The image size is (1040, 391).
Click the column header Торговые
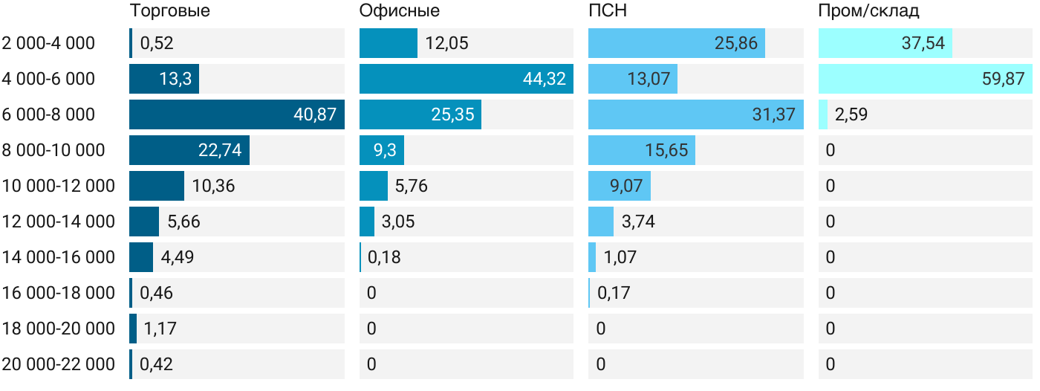(169, 11)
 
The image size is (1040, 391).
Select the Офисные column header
(399, 11)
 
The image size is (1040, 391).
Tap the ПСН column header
(602, 11)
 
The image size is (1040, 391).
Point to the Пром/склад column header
(868, 11)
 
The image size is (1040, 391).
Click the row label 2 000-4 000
(49, 43)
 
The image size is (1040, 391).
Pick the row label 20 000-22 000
(59, 364)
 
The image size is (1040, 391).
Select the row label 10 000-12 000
(59, 186)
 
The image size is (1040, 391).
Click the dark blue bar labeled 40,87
(236, 114)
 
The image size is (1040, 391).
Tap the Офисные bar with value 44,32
(466, 79)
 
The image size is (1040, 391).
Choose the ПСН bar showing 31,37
(695, 114)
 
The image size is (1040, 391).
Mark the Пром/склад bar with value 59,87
(925, 79)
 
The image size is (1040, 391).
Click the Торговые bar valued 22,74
(189, 150)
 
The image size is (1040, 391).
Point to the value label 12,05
(447, 43)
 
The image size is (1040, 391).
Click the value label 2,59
(851, 114)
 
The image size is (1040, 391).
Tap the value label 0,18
(384, 257)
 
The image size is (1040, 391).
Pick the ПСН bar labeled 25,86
(676, 43)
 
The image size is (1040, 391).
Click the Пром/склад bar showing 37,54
(885, 43)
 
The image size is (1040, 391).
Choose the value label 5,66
(183, 222)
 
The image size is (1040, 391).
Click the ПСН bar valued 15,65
(641, 150)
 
